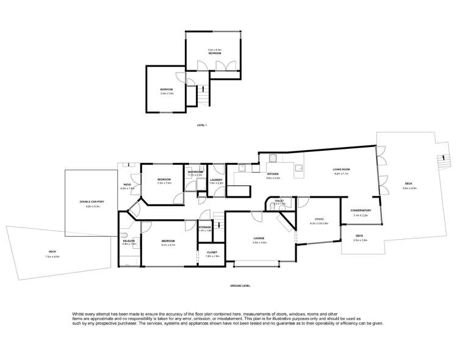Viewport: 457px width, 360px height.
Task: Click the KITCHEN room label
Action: [x=273, y=175]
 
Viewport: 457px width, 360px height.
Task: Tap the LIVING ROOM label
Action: [x=340, y=169]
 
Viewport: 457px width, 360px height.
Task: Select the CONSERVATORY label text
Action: [x=361, y=211]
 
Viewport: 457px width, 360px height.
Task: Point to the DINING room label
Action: [x=319, y=219]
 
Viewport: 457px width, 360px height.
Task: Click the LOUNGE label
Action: [x=259, y=238]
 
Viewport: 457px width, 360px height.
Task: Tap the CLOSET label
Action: [x=212, y=252]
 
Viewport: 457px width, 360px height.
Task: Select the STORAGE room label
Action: [x=204, y=226]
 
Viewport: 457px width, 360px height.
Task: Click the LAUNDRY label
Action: [x=217, y=179]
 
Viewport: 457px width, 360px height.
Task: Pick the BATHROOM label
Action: [x=195, y=171]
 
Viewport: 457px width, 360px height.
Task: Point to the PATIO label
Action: [x=128, y=184]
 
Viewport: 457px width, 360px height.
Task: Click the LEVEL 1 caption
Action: [x=202, y=125]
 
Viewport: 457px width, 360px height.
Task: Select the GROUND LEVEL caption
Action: [x=240, y=286]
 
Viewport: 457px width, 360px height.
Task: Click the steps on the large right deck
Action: [x=439, y=162]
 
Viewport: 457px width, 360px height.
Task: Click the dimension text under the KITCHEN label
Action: [x=273, y=178]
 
